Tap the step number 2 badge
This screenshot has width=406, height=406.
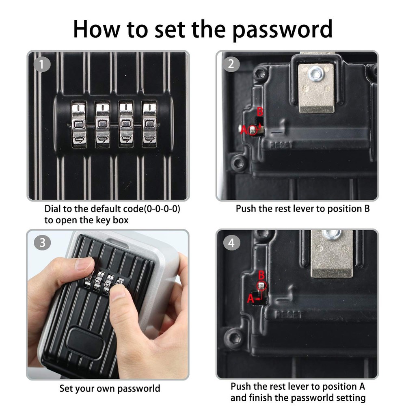[231, 64]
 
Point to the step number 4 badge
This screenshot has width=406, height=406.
[231, 243]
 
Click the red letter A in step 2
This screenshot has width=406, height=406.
[244, 130]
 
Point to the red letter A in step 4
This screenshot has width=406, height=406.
[250, 298]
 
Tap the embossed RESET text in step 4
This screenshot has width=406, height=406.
[289, 315]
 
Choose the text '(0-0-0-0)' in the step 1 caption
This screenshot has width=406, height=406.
[156, 209]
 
